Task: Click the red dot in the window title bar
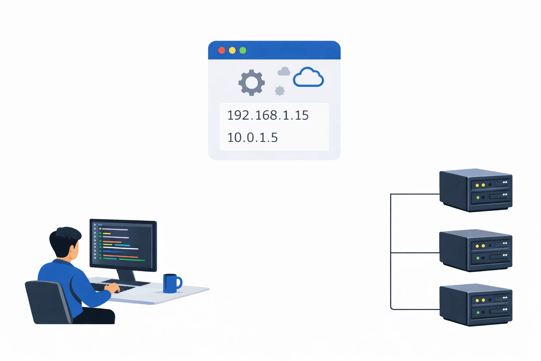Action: [x=222, y=50]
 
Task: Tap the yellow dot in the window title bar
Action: [x=232, y=50]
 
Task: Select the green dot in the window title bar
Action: [x=243, y=50]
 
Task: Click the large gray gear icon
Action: [x=251, y=82]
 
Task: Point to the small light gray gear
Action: [x=280, y=91]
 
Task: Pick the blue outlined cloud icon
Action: [x=308, y=78]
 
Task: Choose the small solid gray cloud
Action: [x=284, y=72]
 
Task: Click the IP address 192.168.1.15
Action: [x=268, y=115]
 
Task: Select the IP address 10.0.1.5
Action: [x=253, y=137]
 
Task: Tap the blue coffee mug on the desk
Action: [x=171, y=283]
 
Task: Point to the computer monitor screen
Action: [x=123, y=245]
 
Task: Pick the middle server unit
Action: [x=475, y=250]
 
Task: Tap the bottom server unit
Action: [x=475, y=305]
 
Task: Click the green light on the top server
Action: [x=478, y=197]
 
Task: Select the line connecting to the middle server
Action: [x=416, y=252]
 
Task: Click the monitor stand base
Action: [x=127, y=282]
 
